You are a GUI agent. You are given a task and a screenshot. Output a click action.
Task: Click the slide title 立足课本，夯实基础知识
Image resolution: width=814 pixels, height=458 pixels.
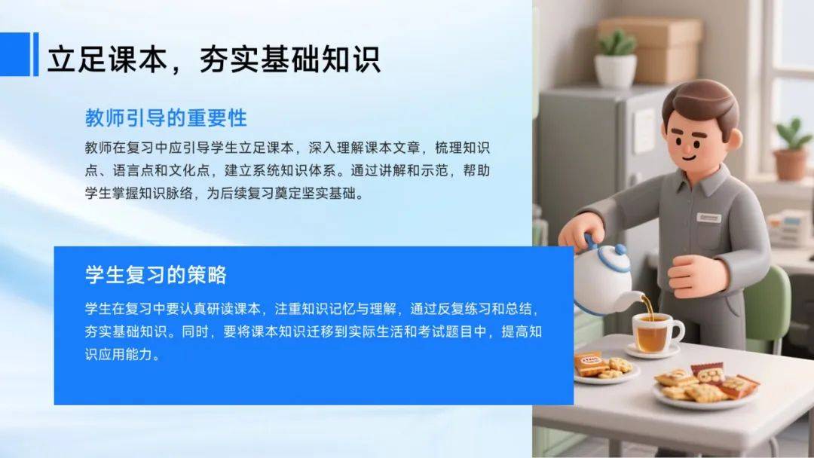point(214,60)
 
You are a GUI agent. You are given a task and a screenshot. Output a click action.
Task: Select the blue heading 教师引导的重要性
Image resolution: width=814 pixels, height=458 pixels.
point(166,118)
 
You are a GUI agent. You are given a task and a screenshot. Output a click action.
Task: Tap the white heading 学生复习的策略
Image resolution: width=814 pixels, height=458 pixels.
point(156,275)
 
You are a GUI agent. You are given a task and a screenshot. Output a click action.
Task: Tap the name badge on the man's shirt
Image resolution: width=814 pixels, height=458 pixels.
point(709,217)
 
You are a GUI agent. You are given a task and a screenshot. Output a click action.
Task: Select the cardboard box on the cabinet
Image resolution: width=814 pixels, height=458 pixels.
point(650,50)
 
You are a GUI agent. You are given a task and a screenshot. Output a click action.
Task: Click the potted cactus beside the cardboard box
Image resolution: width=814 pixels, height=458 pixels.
point(616,60)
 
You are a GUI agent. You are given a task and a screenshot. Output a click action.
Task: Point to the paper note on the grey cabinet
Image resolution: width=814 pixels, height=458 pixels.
point(644,130)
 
